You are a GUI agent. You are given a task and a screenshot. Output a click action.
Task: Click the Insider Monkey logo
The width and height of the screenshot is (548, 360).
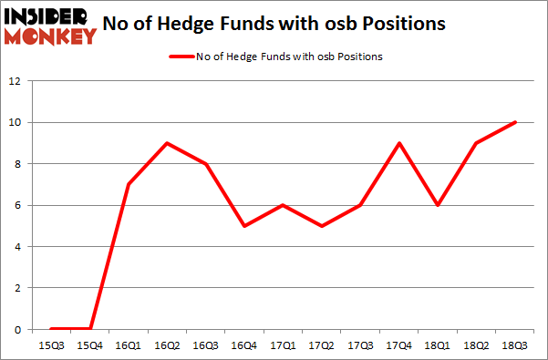pos(50,26)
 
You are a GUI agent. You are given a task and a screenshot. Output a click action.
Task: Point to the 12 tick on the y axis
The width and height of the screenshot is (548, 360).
pos(15,81)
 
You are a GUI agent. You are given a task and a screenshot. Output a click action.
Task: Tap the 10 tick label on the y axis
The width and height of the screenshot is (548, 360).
pos(15,122)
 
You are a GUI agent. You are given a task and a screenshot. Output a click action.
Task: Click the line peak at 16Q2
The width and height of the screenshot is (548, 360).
pos(168,143)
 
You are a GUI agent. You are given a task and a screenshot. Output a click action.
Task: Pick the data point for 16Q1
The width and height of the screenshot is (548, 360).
pos(129,184)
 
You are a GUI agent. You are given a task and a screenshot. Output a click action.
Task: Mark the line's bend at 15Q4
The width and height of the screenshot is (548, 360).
pos(90,328)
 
